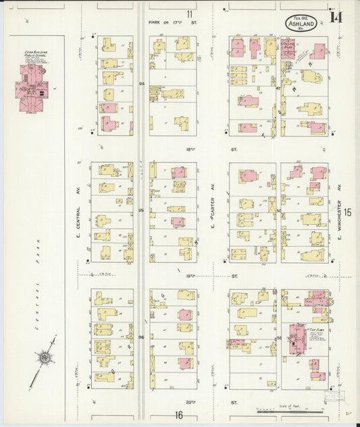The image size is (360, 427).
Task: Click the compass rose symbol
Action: click(x=46, y=356)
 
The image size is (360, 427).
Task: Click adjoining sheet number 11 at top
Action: click(x=190, y=14)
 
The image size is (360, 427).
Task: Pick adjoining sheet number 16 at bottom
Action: click(x=179, y=415)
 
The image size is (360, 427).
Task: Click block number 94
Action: click(x=142, y=84)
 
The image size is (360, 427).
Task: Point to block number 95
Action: click(x=142, y=211)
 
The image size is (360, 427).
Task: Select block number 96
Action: click(x=142, y=336)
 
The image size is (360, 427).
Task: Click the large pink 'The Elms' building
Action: click(x=297, y=338)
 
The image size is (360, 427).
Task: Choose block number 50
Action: click(x=278, y=211)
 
